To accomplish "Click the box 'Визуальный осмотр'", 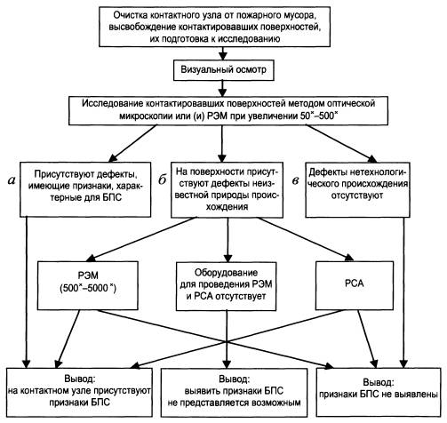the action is click(x=224, y=70).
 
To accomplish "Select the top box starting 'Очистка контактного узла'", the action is click(x=214, y=27).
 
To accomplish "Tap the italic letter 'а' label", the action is click(x=11, y=180).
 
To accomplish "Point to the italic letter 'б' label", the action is click(x=162, y=180).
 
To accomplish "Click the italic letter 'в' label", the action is click(x=295, y=180).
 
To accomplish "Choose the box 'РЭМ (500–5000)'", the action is click(x=88, y=285).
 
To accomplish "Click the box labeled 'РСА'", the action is click(x=355, y=285).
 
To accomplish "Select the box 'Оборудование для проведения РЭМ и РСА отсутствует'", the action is click(x=226, y=286).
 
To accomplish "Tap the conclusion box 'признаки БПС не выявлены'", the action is click(x=379, y=392).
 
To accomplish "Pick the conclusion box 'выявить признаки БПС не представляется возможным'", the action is click(x=234, y=392).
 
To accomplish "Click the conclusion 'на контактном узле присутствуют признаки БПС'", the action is click(x=79, y=392).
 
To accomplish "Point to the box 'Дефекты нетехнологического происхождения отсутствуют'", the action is click(x=358, y=189).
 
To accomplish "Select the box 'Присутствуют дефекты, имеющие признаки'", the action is click(x=85, y=189).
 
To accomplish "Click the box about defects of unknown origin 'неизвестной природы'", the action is click(x=227, y=189).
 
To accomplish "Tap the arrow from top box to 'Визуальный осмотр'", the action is click(x=223, y=53).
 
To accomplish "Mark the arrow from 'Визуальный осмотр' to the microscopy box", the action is click(x=223, y=88).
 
